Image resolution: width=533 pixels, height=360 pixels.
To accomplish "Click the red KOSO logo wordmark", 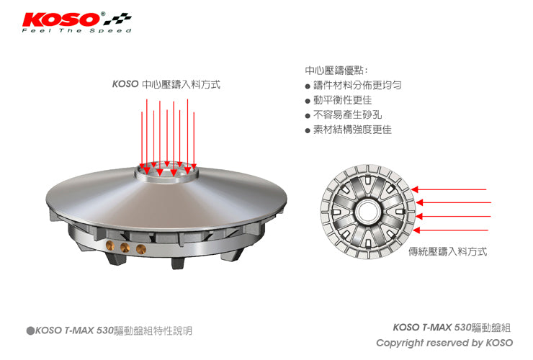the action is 61,19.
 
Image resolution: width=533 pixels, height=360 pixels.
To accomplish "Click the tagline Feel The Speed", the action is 77,30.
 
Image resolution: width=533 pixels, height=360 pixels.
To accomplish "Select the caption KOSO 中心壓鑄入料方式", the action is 166,84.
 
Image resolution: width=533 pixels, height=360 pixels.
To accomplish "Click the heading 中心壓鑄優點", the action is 336,71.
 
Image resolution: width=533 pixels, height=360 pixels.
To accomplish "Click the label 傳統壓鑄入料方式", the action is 448,251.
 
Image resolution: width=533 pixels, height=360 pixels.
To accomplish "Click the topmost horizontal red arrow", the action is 449,189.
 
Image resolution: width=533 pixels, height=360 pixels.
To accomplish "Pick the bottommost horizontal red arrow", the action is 451,230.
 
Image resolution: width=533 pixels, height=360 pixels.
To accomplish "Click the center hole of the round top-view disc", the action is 367,212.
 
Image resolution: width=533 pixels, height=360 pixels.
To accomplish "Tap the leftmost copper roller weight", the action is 110,245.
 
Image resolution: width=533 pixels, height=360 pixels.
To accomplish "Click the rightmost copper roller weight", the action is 140,250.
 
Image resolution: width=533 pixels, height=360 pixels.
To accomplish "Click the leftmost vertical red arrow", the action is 142,140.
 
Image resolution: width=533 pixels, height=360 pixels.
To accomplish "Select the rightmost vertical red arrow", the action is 194,140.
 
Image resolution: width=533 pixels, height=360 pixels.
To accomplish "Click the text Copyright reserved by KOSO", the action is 444,343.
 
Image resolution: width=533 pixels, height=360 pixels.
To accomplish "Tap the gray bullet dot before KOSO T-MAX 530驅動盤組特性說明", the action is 30,330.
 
